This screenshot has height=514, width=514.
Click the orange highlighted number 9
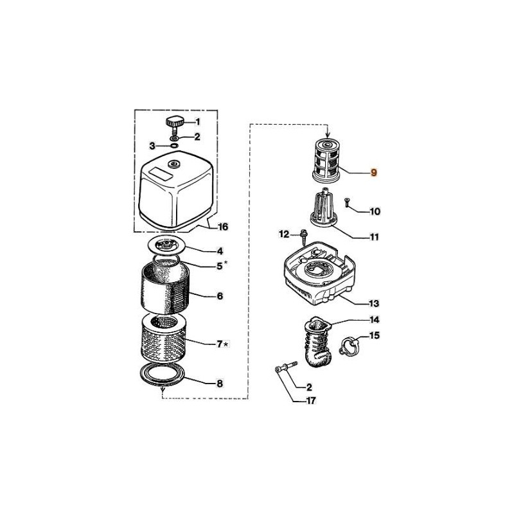click(x=375, y=173)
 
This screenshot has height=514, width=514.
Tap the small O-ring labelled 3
click(x=175, y=146)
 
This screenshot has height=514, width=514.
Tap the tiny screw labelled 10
click(x=348, y=204)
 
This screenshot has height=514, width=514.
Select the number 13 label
click(x=373, y=303)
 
